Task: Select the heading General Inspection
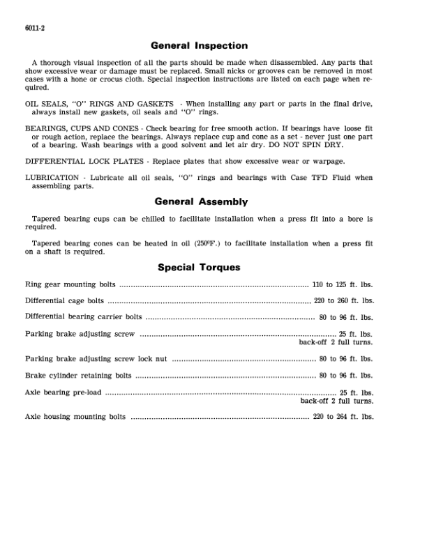200,46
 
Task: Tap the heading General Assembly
200,201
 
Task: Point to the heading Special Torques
200,267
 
